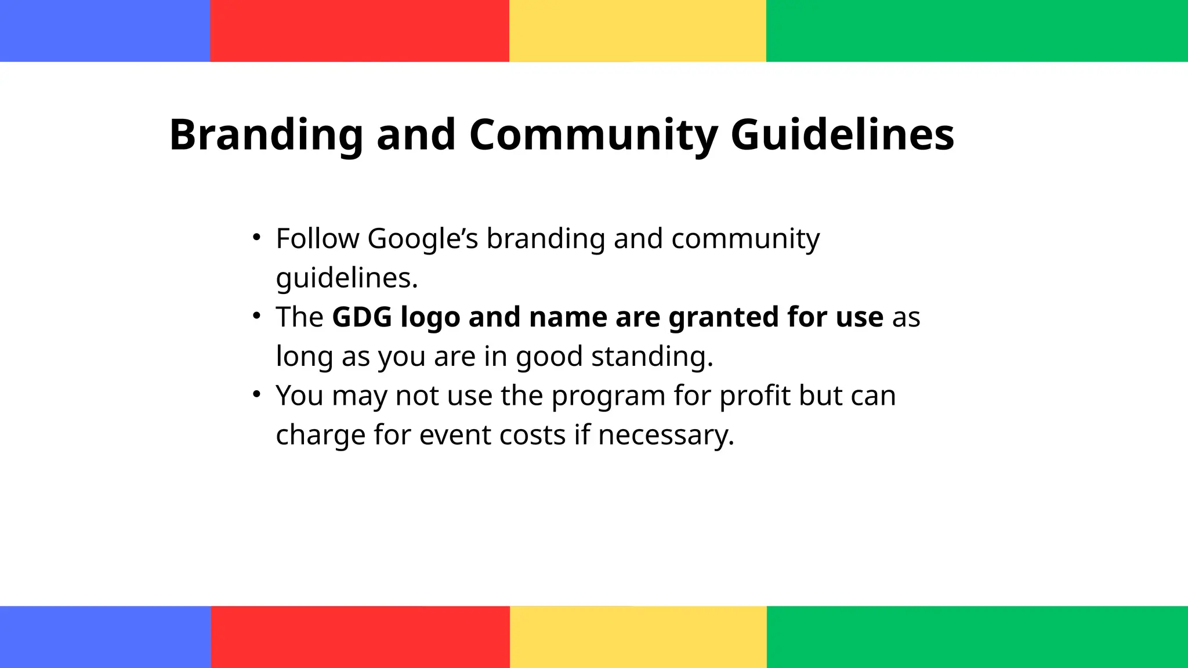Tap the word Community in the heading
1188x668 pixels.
point(593,135)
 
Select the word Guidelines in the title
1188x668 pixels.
point(842,135)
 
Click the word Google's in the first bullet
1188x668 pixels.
point(422,239)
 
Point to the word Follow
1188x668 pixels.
point(317,239)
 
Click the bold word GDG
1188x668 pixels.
point(362,317)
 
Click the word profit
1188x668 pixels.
point(755,396)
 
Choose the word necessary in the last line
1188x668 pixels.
point(666,435)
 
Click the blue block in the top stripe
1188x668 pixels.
point(105,31)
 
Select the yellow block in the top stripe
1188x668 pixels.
point(638,31)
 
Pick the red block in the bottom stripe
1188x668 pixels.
point(360,637)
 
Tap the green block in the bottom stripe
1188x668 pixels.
point(977,637)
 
